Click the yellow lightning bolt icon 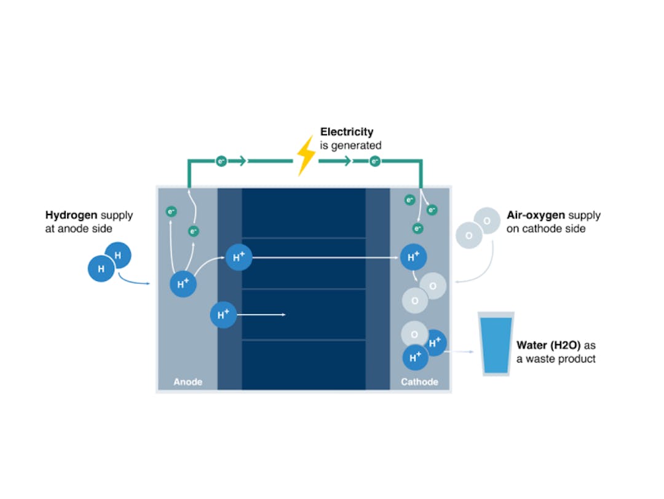pyautogui.click(x=306, y=155)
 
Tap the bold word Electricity pyautogui.click(x=346, y=132)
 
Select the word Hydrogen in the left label pyautogui.click(x=71, y=215)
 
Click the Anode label pyautogui.click(x=188, y=382)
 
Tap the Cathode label pyautogui.click(x=419, y=382)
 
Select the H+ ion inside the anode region pyautogui.click(x=183, y=284)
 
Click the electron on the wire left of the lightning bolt pyautogui.click(x=221, y=161)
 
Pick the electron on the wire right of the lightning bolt pyautogui.click(x=374, y=161)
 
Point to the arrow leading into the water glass pyautogui.click(x=461, y=352)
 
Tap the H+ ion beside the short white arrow pyautogui.click(x=223, y=315)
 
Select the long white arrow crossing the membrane pyautogui.click(x=326, y=257)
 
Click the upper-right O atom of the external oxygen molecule pyautogui.click(x=487, y=221)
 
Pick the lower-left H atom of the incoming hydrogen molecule pyautogui.click(x=101, y=269)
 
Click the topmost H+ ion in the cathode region pyautogui.click(x=413, y=257)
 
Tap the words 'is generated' pyautogui.click(x=350, y=146)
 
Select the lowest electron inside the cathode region pyautogui.click(x=418, y=229)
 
